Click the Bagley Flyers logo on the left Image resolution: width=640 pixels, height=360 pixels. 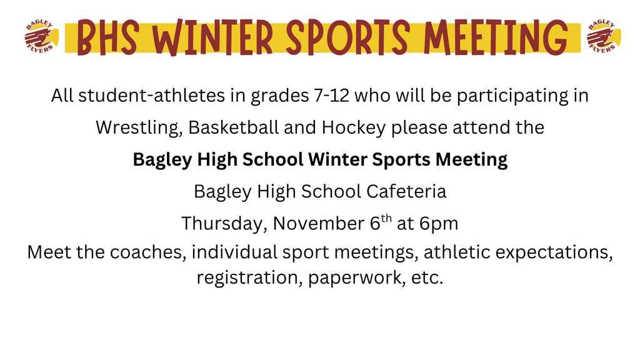tap(39, 37)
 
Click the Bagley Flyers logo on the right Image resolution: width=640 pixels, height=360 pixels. tap(601, 37)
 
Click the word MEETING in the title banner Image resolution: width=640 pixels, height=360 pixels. tap(496, 37)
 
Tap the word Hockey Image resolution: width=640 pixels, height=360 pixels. tap(354, 127)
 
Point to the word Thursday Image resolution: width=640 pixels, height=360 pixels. tap(223, 223)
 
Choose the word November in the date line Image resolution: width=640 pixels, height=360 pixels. tap(317, 222)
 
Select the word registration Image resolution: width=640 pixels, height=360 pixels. tap(249, 277)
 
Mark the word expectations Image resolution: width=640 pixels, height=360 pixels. tap(550, 252)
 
